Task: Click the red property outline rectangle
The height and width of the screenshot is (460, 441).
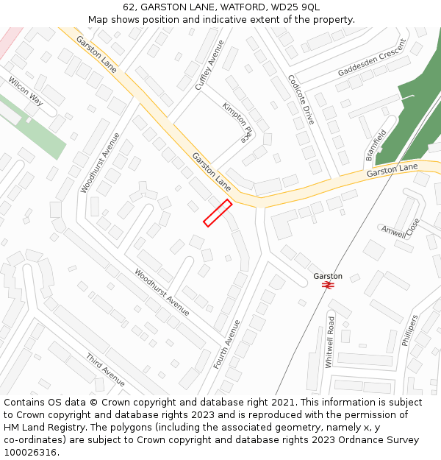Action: (218, 213)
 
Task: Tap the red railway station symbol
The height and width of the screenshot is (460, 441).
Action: (328, 285)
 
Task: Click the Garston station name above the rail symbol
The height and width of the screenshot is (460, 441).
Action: (328, 276)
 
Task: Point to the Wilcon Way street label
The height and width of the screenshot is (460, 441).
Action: (26, 91)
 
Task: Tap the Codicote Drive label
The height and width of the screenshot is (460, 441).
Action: (301, 99)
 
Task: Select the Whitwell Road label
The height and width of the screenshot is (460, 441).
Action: (331, 342)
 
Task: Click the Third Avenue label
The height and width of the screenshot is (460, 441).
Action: (105, 369)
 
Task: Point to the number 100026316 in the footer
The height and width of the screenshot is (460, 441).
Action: (30, 453)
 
